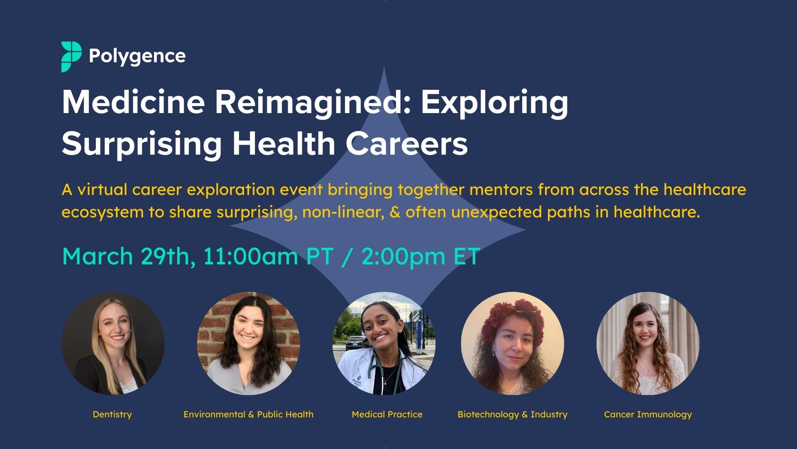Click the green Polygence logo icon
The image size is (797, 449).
71,57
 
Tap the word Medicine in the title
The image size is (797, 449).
133,103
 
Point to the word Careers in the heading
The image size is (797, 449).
407,144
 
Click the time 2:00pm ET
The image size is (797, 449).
421,256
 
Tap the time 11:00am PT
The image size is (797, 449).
268,256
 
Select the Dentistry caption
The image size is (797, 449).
112,414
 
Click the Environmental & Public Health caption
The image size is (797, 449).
248,414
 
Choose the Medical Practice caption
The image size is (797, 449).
387,414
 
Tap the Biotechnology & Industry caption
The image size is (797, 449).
512,414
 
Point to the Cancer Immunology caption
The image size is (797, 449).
648,414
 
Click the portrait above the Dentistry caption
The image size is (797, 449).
113,343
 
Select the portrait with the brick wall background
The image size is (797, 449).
248,343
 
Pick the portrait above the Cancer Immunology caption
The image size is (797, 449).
648,343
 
